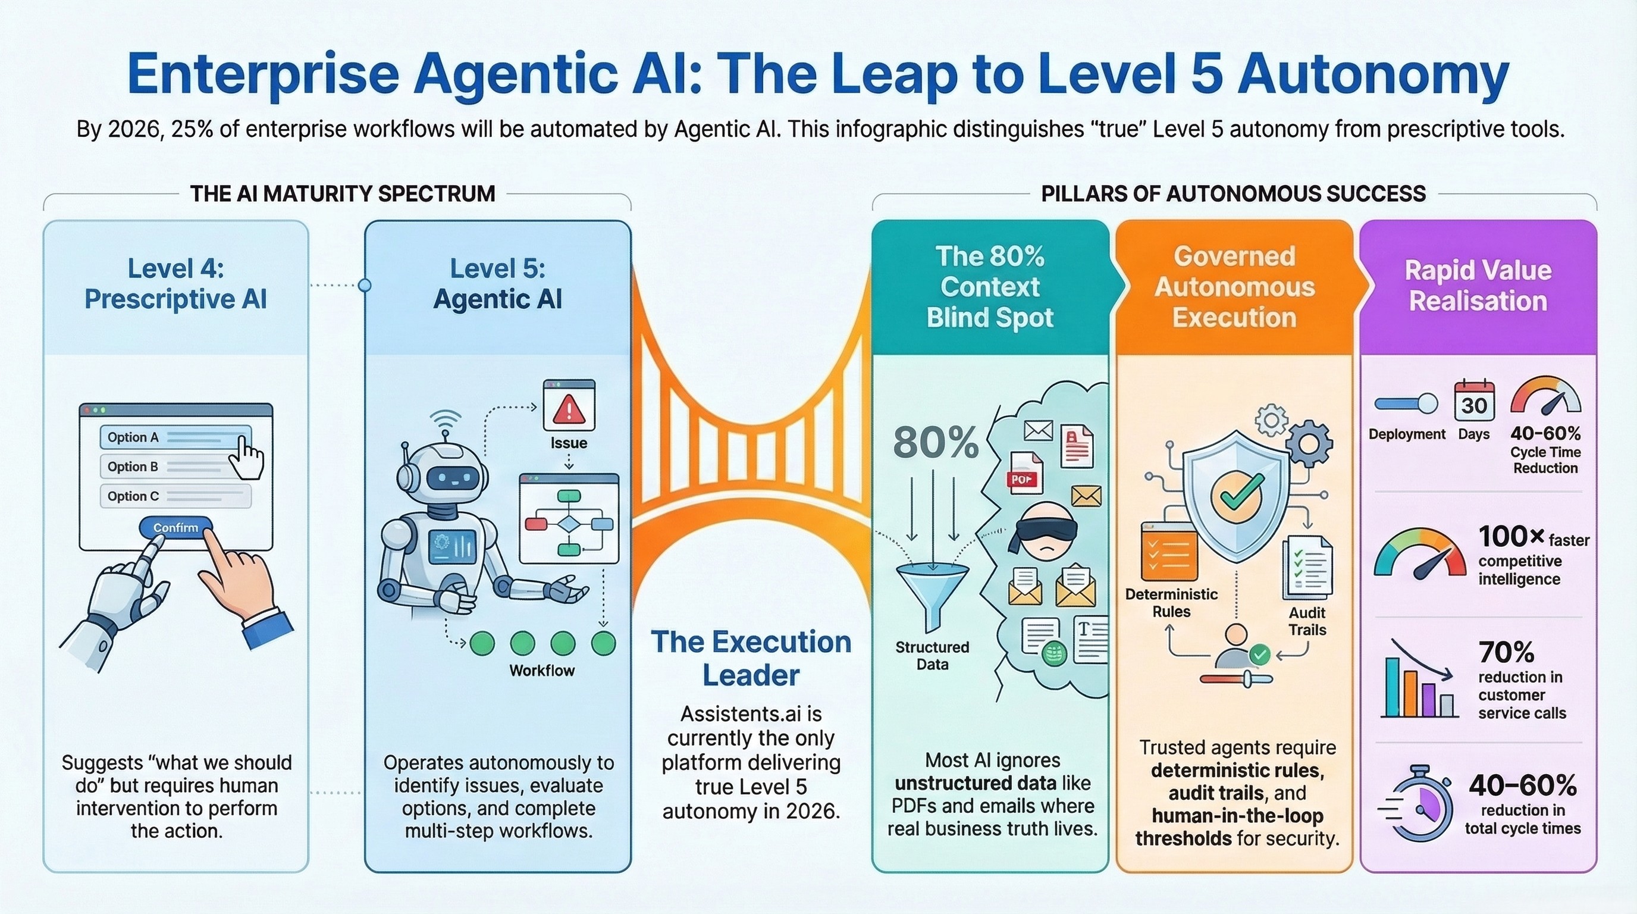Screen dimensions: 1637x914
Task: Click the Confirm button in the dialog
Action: tap(175, 528)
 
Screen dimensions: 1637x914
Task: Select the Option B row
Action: tap(175, 467)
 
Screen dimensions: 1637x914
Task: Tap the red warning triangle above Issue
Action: tap(569, 409)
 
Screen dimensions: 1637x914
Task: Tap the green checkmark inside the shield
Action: tap(1237, 496)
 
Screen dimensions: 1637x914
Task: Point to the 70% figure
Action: tap(1506, 652)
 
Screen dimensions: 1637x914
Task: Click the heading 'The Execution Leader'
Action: tap(751, 658)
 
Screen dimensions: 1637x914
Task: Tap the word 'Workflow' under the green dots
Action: tap(542, 671)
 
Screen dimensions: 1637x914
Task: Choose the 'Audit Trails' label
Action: tap(1306, 621)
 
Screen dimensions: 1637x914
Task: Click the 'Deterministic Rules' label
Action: tap(1171, 603)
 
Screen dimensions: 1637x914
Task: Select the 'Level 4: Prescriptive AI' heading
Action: tap(175, 283)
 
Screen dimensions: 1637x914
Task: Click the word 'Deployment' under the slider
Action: tap(1407, 434)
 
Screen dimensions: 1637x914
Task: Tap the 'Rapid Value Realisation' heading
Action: tap(1478, 286)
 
